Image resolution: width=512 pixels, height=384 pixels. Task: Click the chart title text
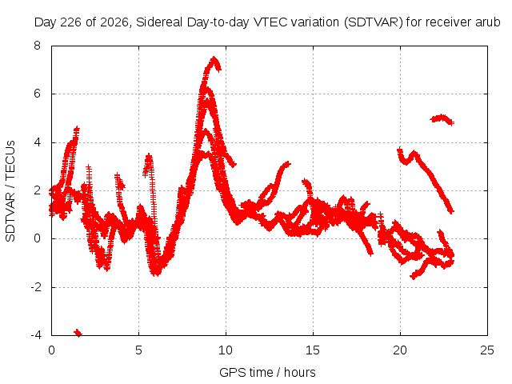[x=267, y=22]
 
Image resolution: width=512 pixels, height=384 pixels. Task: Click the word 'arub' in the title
[x=488, y=22]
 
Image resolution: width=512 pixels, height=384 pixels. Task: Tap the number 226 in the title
[x=71, y=22]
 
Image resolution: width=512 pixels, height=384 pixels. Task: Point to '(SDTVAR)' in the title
[x=374, y=22]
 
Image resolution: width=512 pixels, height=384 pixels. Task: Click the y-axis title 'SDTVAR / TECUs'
[x=10, y=191]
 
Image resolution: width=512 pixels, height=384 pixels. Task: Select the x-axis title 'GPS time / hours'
[x=267, y=372]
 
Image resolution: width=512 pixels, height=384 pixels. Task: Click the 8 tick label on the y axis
[x=37, y=46]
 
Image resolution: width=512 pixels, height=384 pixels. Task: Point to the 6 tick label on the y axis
[x=37, y=94]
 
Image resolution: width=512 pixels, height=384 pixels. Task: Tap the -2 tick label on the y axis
[x=35, y=287]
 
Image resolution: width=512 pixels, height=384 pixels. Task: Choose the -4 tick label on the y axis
[x=35, y=335]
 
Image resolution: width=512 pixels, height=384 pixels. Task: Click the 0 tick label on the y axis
[x=37, y=238]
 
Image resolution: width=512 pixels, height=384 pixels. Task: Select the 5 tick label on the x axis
[x=138, y=350]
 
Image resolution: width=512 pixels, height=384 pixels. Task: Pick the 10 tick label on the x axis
[x=226, y=350]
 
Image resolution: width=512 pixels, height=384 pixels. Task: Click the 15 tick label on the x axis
[x=313, y=350]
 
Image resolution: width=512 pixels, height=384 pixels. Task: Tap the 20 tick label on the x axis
[x=400, y=350]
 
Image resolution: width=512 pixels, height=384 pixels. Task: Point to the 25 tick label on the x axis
[x=487, y=350]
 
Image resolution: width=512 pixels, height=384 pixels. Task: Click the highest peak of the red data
[x=214, y=58]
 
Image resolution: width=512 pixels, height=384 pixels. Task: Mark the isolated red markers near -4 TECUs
[x=78, y=333]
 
